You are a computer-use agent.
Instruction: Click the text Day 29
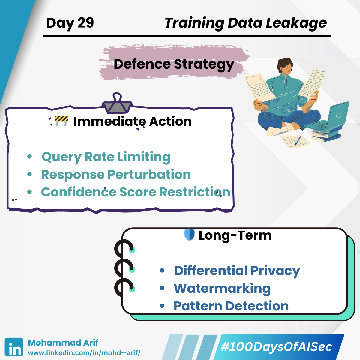[x=70, y=23]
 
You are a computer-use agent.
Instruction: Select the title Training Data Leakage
[x=245, y=23]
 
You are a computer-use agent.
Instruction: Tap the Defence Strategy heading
[x=174, y=64]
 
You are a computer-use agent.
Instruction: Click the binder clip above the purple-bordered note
[x=117, y=103]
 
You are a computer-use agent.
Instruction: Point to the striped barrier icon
[x=61, y=121]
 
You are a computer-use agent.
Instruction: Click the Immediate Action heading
[x=133, y=121]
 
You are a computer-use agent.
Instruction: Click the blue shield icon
[x=189, y=235]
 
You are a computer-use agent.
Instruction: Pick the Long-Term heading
[x=235, y=235]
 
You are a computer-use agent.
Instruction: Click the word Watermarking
[x=222, y=289]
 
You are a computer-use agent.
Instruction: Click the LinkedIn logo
[x=14, y=347]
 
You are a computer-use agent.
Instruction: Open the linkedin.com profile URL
[x=84, y=353]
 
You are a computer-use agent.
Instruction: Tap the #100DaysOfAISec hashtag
[x=277, y=347]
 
